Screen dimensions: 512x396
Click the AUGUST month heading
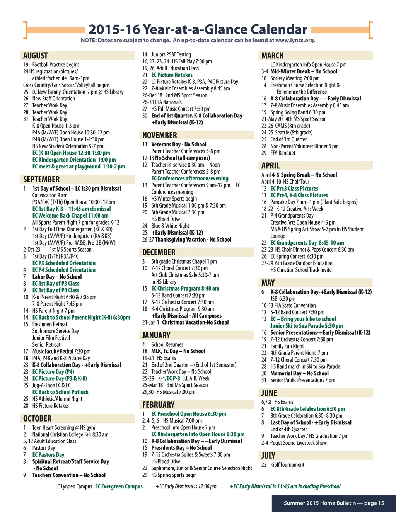point(36,56)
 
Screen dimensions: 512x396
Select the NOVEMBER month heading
point(160,135)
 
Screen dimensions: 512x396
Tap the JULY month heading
point(268,456)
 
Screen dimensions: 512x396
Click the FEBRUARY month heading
point(159,405)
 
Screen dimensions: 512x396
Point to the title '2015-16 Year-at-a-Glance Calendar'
point(198,29)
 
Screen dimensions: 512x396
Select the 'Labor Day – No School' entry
point(57,277)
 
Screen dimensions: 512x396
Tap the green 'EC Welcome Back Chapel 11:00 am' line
point(70,216)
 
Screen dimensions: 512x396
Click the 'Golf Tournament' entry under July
point(288,465)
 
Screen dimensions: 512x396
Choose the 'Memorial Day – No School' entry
point(299,373)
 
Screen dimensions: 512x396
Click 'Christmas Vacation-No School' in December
point(195,322)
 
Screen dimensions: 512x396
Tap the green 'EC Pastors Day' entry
point(48,455)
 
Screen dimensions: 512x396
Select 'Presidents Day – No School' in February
point(181,448)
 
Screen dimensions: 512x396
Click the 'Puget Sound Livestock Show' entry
point(298,443)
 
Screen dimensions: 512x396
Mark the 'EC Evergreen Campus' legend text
point(119,486)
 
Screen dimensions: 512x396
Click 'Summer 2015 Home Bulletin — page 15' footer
point(334,503)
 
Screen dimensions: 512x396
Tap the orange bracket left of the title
point(26,30)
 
